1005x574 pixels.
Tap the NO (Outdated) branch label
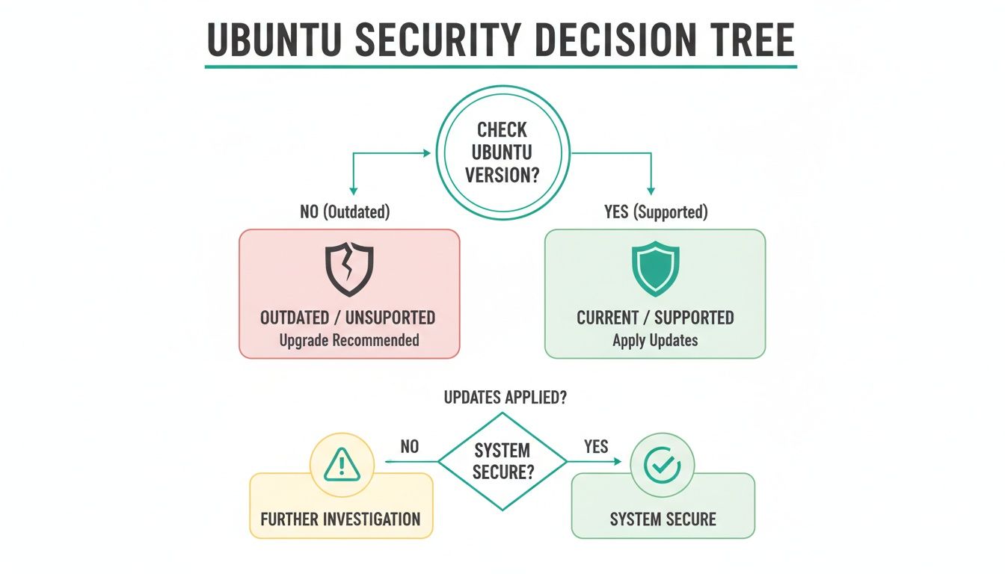pyautogui.click(x=345, y=212)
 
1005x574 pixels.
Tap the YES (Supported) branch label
pyautogui.click(x=655, y=212)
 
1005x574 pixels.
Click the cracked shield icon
pyautogui.click(x=349, y=269)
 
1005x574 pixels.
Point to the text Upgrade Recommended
pyautogui.click(x=349, y=340)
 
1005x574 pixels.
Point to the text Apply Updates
pyautogui.click(x=655, y=340)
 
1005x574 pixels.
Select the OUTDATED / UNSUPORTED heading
pyautogui.click(x=348, y=317)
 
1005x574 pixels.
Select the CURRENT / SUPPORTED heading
pyautogui.click(x=655, y=317)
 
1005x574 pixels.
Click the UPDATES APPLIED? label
pyautogui.click(x=505, y=398)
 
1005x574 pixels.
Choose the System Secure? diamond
pyautogui.click(x=502, y=461)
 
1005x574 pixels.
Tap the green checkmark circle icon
pyautogui.click(x=663, y=466)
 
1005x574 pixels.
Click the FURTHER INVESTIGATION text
pyautogui.click(x=340, y=519)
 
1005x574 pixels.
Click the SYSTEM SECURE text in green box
pyautogui.click(x=663, y=519)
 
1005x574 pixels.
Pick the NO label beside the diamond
pyautogui.click(x=410, y=447)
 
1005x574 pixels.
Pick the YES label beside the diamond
pyautogui.click(x=596, y=447)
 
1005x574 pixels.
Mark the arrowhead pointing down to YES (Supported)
pyautogui.click(x=651, y=191)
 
